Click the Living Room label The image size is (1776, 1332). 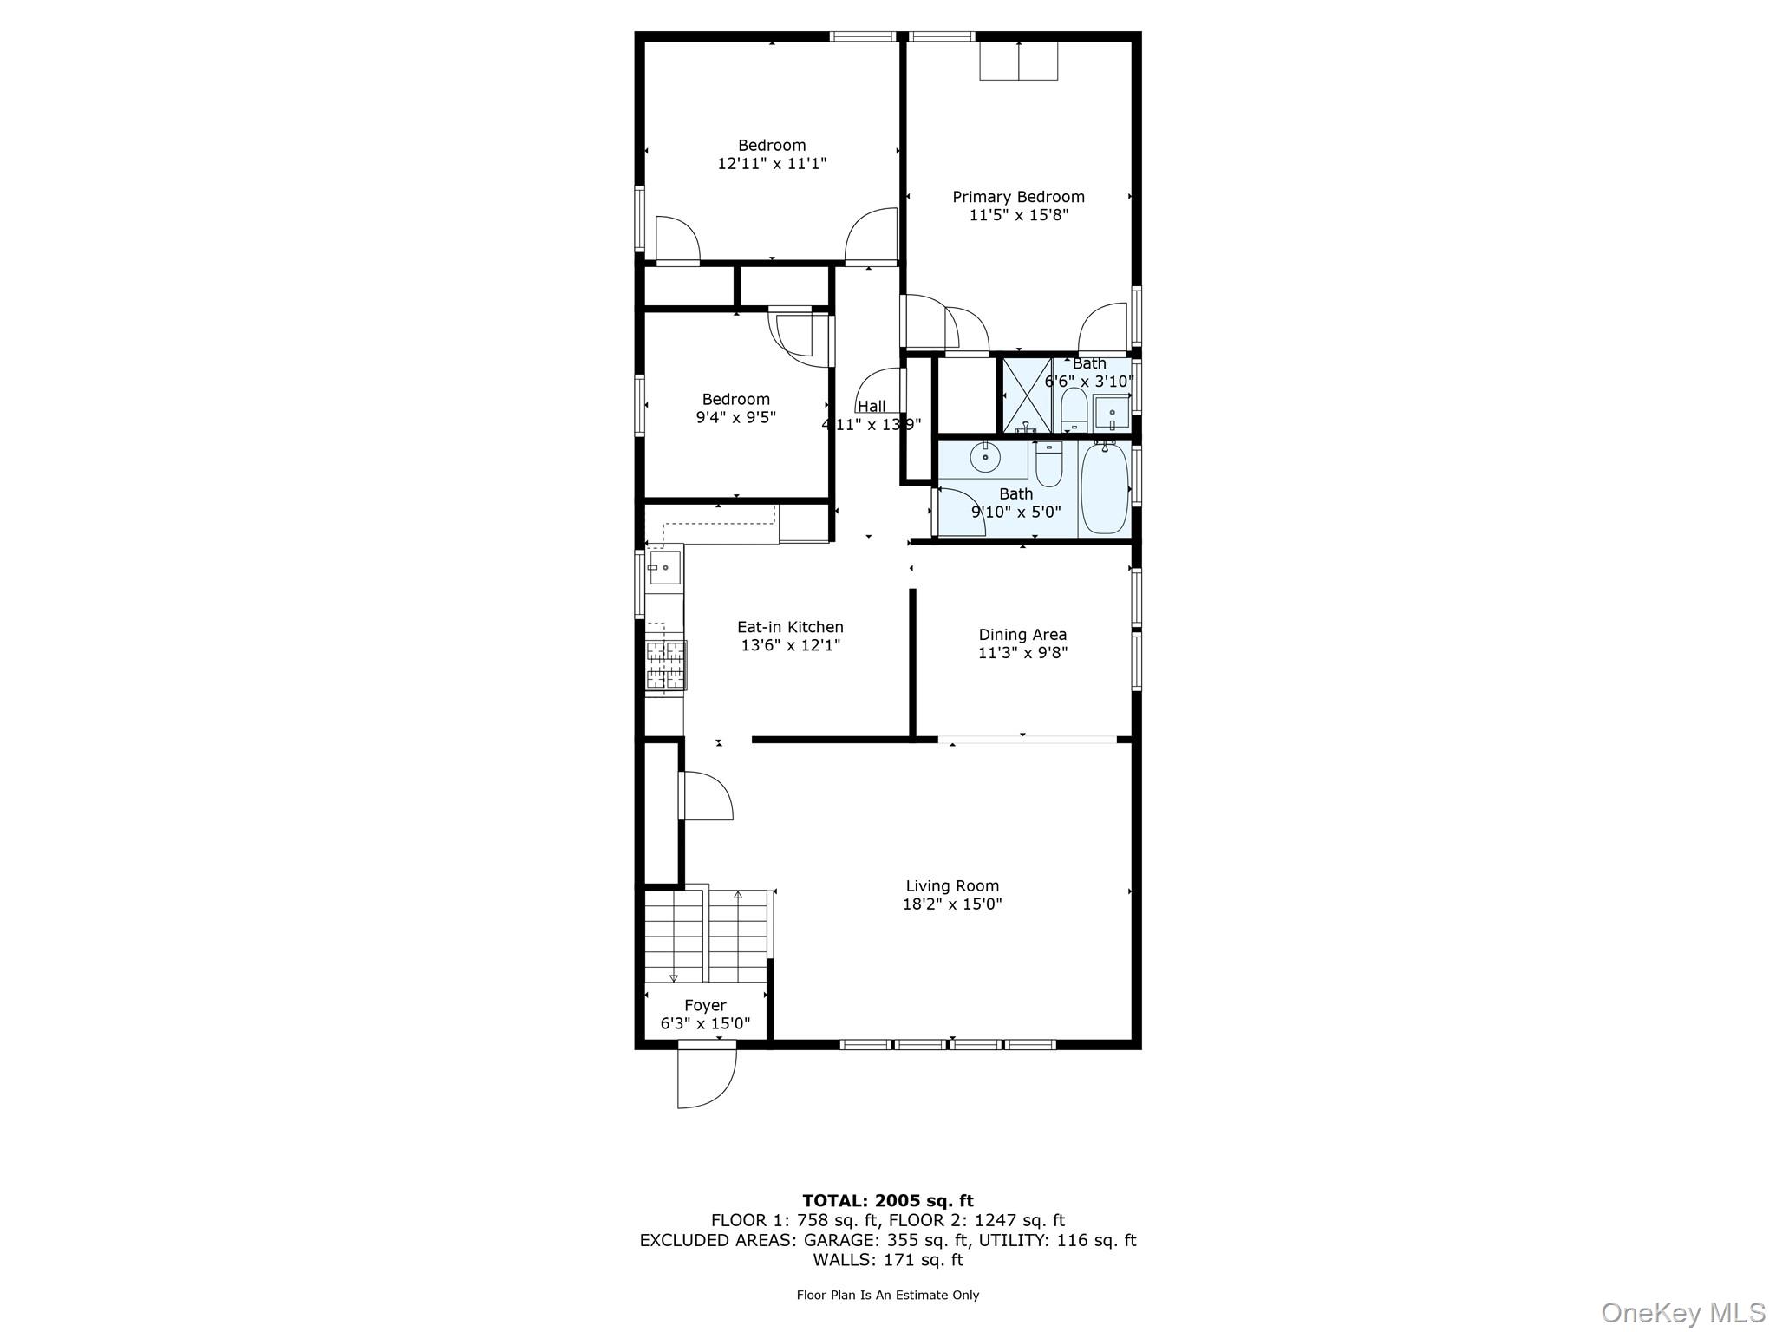click(952, 885)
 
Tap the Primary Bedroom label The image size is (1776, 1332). click(1018, 197)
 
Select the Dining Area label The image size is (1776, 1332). click(1022, 635)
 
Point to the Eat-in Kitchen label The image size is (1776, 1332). click(790, 627)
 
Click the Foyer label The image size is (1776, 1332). click(705, 1006)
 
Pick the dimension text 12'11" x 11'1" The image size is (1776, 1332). click(772, 163)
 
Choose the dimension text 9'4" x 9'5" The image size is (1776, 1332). click(735, 417)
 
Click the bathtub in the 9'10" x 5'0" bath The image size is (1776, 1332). click(1104, 487)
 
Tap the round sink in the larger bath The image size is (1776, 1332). click(984, 456)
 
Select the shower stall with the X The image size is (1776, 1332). click(1028, 395)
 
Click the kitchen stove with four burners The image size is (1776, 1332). click(666, 665)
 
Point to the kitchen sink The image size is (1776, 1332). click(664, 567)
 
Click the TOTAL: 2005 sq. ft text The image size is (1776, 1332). click(887, 1201)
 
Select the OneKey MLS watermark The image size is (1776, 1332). click(1682, 1312)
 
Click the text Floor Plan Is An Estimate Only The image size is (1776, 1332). click(887, 1295)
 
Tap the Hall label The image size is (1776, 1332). click(872, 406)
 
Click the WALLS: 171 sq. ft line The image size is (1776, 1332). click(887, 1260)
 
